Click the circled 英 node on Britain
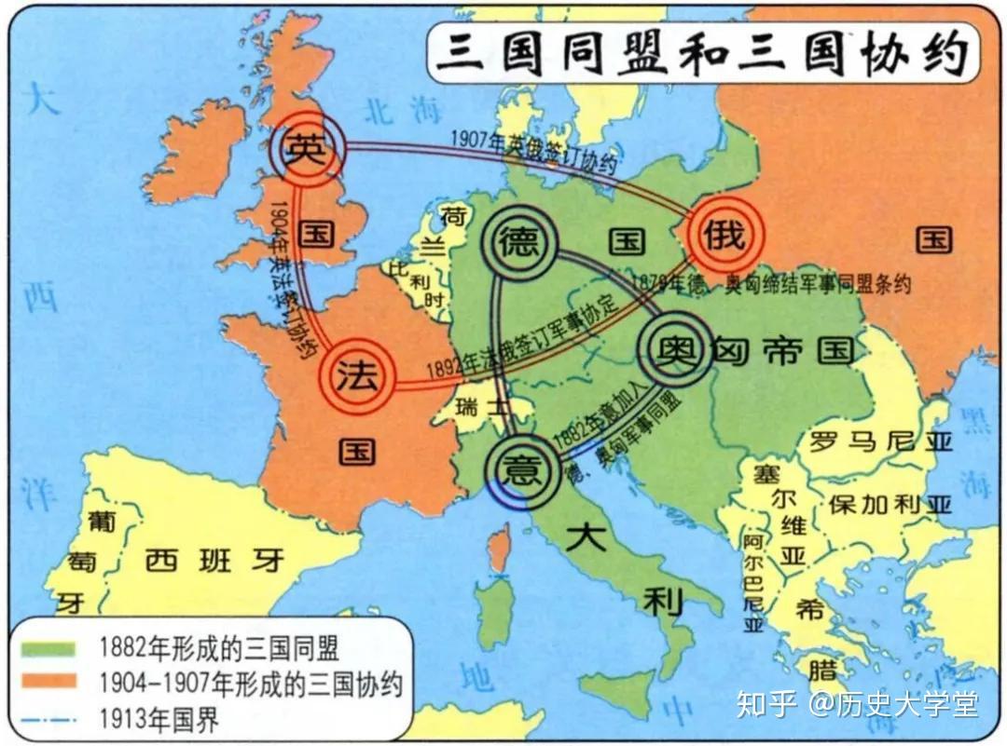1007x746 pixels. click(x=307, y=149)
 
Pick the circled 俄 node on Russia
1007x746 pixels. click(x=724, y=234)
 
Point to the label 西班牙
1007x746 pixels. click(x=215, y=561)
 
